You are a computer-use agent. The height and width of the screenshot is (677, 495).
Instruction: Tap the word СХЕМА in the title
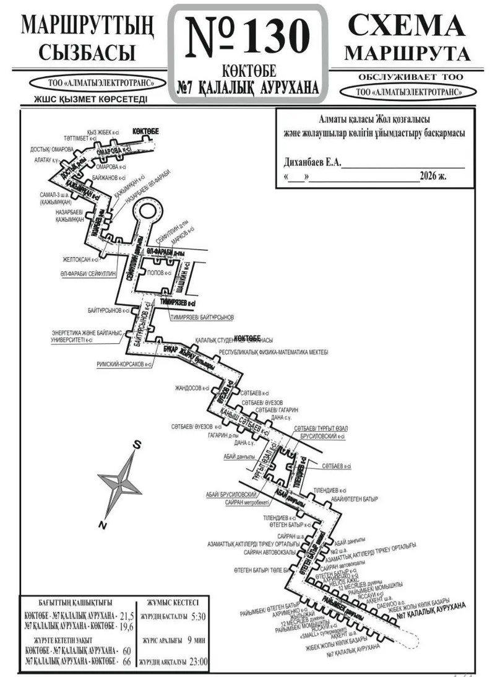pos(406,26)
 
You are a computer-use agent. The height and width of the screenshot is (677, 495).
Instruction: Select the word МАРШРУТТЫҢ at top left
pos(86,26)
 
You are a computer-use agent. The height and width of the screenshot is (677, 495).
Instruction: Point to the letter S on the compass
pos(139,445)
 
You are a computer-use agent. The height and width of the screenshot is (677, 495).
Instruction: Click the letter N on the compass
pos(101,524)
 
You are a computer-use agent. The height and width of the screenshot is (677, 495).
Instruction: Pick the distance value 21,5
pos(126,616)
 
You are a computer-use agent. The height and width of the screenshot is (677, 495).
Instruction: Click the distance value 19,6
pos(126,626)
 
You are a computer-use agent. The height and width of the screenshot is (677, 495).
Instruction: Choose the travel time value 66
pos(127,662)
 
